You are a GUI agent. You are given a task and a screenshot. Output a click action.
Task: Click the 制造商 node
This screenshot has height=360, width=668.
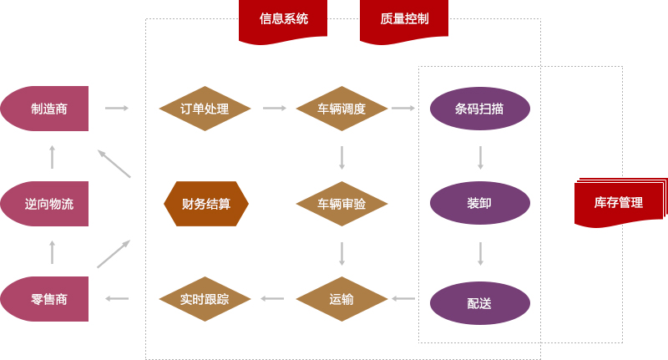(x=46, y=109)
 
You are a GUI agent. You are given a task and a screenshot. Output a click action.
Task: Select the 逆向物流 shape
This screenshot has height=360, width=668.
(x=46, y=204)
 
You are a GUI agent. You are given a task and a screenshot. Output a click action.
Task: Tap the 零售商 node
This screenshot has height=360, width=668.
(x=46, y=299)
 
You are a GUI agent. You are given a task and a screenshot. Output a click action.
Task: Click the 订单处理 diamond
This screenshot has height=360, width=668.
(x=205, y=109)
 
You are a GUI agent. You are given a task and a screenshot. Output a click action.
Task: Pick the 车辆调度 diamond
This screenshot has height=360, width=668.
(x=342, y=109)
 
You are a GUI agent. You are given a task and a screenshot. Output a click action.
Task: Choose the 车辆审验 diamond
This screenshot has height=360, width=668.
(x=342, y=204)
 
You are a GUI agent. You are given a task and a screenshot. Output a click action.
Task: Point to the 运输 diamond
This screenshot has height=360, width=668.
(x=342, y=299)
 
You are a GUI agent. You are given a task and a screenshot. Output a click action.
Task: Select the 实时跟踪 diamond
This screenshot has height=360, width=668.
(x=205, y=299)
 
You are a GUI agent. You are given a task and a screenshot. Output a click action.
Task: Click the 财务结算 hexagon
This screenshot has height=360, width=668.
(x=206, y=204)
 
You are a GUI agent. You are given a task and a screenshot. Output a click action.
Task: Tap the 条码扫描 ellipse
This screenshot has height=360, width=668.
(x=480, y=109)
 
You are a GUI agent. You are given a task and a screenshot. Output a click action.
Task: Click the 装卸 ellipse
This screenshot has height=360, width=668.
(x=480, y=203)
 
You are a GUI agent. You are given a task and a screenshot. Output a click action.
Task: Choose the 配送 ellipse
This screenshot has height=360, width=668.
(x=480, y=302)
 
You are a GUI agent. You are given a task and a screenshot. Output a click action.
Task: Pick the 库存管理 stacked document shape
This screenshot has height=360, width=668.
(x=619, y=203)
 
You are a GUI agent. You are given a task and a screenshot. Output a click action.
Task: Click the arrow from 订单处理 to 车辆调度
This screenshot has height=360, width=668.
(x=274, y=108)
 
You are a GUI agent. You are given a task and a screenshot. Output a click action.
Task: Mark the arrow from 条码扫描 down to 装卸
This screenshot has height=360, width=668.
(x=481, y=157)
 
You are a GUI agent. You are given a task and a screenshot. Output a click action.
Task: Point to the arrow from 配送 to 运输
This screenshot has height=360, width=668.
(x=403, y=298)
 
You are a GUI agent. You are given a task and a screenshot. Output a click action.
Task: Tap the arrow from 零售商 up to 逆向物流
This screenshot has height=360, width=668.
(x=53, y=252)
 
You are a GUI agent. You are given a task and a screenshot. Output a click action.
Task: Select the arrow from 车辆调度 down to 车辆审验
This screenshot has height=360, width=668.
(x=342, y=157)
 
